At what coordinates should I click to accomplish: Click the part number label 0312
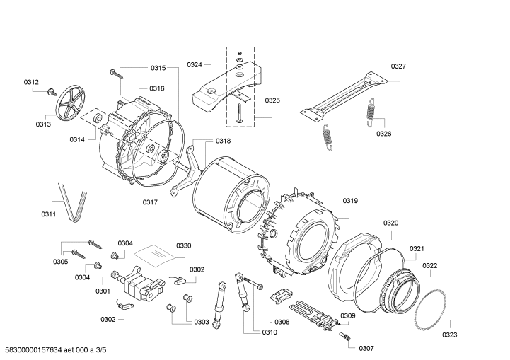pos(31,82)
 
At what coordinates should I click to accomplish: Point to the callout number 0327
pos(398,66)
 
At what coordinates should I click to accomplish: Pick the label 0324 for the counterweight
pos(195,65)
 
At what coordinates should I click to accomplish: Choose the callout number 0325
pos(272,100)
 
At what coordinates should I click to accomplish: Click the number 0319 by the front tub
pos(351,201)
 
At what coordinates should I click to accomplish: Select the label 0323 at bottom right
pos(450,335)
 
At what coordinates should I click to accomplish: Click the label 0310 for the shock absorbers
pos(270,332)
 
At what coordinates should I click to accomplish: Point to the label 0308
pos(282,322)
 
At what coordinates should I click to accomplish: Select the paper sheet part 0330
pos(154,254)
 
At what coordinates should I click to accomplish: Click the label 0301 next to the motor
pos(103,291)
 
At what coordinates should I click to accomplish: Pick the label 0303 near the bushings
pos(202,322)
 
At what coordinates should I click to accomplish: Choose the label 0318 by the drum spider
pos(223,141)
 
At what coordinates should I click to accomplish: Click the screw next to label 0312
pos(51,91)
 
